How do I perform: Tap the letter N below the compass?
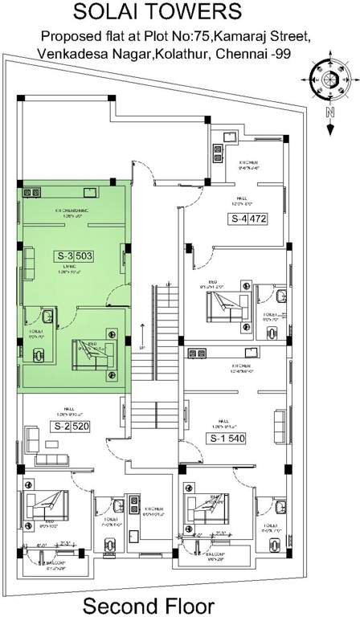[329, 113]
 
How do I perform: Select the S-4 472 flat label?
[248, 218]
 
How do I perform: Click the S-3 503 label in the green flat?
[75, 257]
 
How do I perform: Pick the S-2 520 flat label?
[72, 426]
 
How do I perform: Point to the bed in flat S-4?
[227, 306]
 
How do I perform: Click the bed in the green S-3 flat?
[95, 353]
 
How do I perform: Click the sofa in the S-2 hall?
[34, 438]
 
